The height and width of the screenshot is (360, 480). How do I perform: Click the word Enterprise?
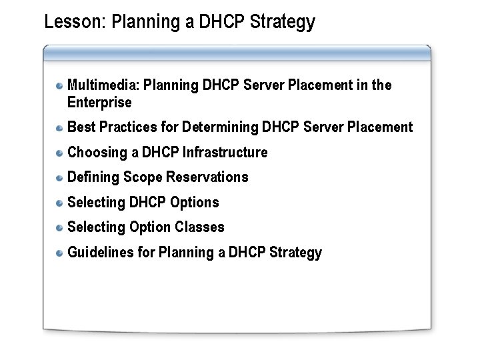[x=99, y=103]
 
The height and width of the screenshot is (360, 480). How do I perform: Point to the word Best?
[x=81, y=127]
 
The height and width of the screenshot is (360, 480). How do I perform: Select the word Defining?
[x=92, y=177]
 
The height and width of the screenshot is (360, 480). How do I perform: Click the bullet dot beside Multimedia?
[x=60, y=85]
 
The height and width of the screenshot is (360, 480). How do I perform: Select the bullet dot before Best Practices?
[x=60, y=127]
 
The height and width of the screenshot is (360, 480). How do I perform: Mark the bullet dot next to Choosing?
[x=60, y=152]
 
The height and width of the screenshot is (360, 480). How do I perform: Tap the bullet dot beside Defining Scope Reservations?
[x=60, y=177]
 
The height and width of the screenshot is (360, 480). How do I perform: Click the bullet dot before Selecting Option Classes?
[x=60, y=227]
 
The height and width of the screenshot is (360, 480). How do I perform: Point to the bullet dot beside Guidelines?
[x=60, y=253]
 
